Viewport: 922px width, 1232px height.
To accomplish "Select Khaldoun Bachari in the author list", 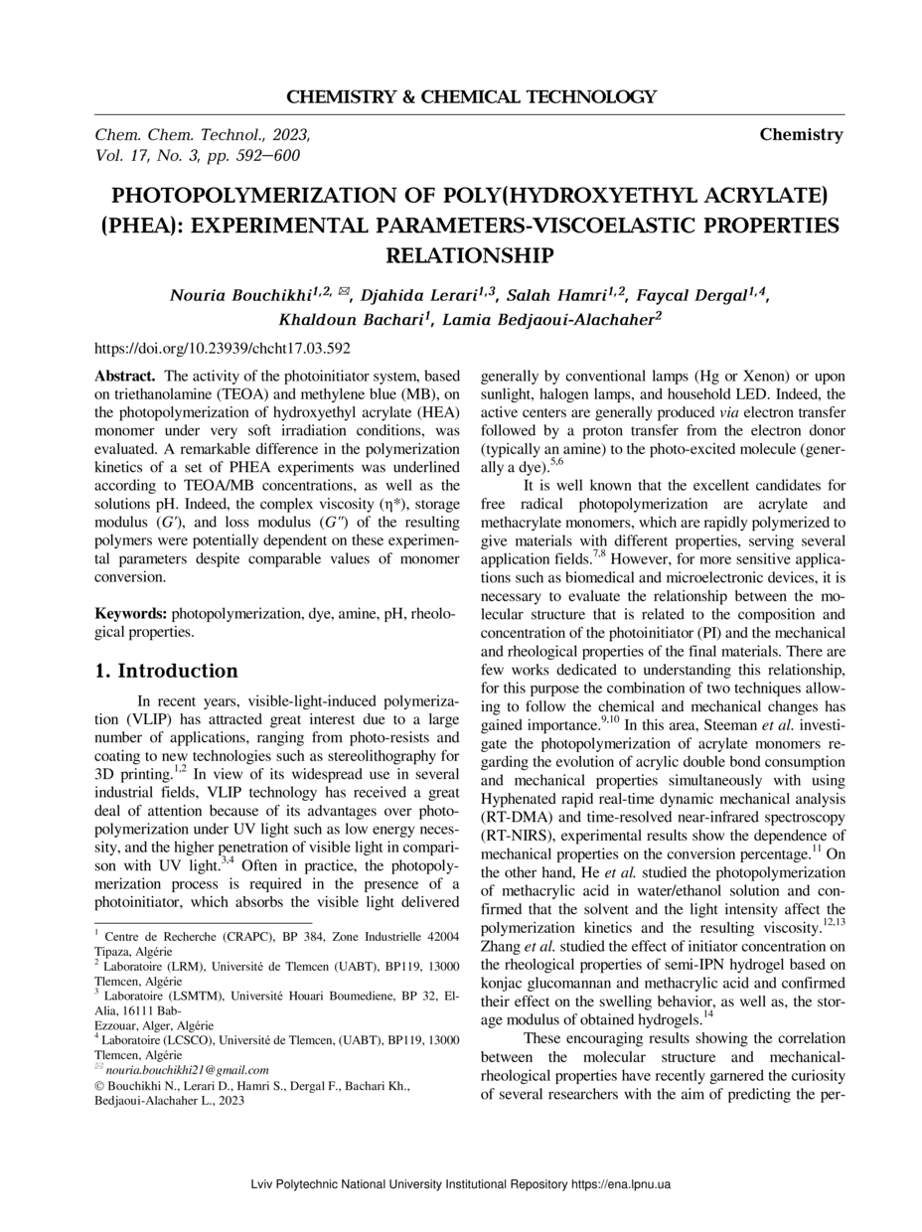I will pos(349,320).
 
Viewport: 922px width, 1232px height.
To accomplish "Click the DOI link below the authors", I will pos(222,349).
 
